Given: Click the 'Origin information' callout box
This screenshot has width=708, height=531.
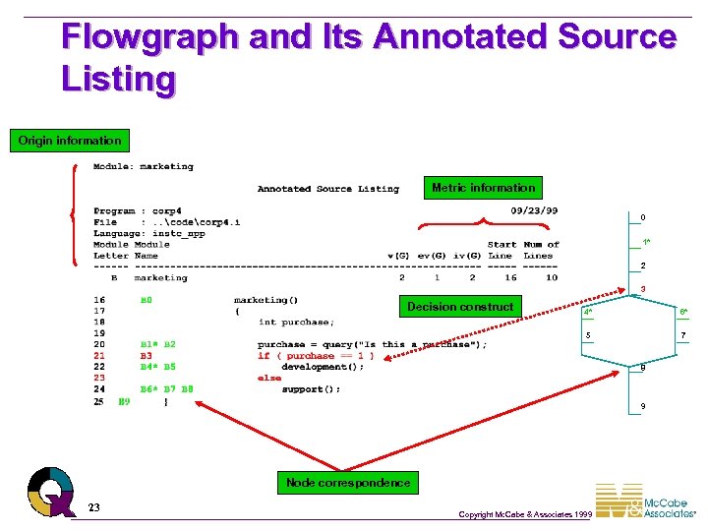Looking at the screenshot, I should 70,141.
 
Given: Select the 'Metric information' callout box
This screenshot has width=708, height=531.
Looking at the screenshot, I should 483,188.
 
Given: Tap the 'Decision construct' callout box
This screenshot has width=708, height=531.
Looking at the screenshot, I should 460,307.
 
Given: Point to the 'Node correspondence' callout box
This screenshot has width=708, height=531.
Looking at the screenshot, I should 348,483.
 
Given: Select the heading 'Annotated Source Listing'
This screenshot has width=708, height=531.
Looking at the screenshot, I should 328,189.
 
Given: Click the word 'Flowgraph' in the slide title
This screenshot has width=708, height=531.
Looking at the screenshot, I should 149,37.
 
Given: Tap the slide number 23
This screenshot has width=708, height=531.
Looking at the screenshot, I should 93,507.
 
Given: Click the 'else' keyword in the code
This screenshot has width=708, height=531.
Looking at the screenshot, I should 269,379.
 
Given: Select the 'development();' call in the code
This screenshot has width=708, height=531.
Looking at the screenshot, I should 323,367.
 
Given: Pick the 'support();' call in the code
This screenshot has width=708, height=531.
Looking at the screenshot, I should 312,389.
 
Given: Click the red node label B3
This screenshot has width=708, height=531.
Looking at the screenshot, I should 147,356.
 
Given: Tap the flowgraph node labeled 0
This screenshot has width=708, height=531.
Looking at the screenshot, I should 642,217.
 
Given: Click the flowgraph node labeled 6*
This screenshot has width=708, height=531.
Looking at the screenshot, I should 682,313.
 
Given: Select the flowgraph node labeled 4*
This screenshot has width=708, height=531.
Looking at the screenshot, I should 588,313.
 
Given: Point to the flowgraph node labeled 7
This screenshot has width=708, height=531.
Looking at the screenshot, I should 682,336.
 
